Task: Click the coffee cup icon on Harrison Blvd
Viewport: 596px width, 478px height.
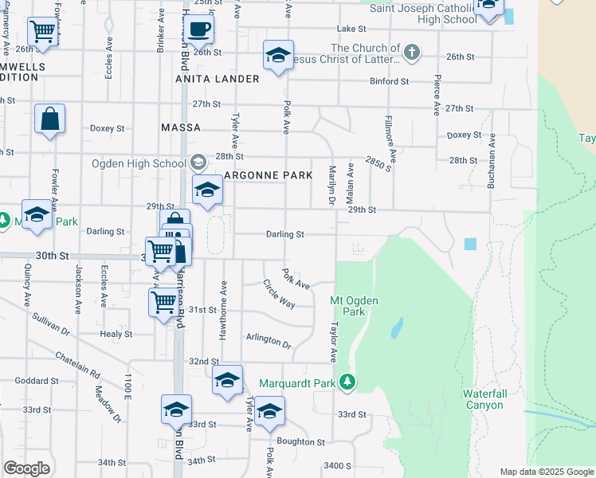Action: pyautogui.click(x=198, y=29)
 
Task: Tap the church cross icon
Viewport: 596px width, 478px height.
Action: pyautogui.click(x=411, y=53)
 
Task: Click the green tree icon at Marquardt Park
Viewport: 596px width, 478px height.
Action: pyautogui.click(x=347, y=382)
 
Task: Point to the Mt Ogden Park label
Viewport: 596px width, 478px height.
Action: pyautogui.click(x=354, y=306)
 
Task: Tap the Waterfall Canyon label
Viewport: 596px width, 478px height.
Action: pyautogui.click(x=483, y=399)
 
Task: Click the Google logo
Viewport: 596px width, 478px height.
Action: pyautogui.click(x=26, y=468)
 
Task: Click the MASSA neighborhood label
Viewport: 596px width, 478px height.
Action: pyautogui.click(x=179, y=127)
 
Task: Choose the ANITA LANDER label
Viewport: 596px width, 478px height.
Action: pyautogui.click(x=218, y=79)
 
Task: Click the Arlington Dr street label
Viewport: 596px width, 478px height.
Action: pyautogui.click(x=269, y=340)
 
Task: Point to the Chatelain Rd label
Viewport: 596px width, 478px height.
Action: pyautogui.click(x=77, y=364)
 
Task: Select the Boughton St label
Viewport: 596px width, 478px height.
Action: pyautogui.click(x=300, y=441)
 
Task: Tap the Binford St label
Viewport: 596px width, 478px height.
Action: pyautogui.click(x=389, y=81)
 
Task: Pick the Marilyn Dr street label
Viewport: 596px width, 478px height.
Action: pyautogui.click(x=331, y=186)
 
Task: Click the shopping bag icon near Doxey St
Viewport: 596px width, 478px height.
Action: pyautogui.click(x=49, y=119)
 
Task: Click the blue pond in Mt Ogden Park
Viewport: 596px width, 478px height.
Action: pyautogui.click(x=396, y=328)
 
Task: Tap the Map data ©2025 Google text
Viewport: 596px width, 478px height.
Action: pyautogui.click(x=546, y=472)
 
